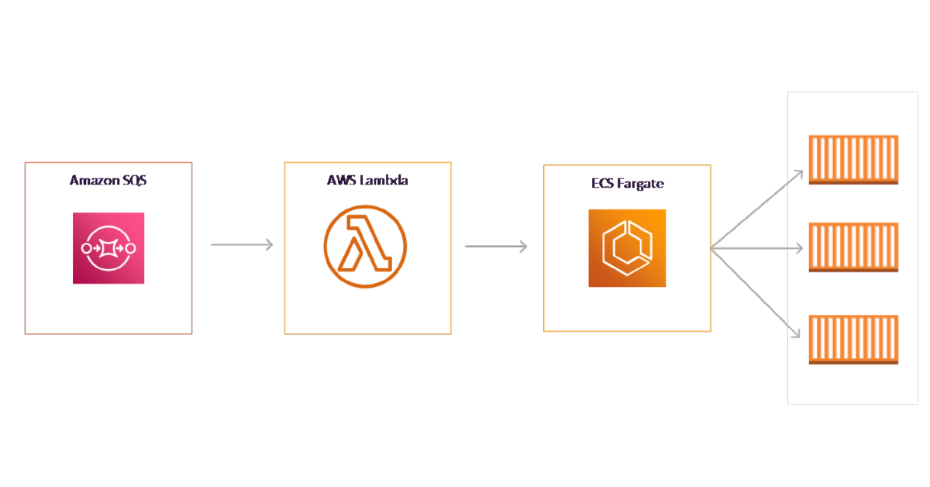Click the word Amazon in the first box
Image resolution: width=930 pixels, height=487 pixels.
[x=94, y=181]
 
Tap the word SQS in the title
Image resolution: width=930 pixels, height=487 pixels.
[x=133, y=181]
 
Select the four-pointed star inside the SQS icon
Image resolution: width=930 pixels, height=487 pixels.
[x=108, y=248]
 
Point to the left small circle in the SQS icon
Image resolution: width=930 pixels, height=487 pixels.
[x=86, y=248]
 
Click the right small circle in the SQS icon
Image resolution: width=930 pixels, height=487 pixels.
[x=130, y=248]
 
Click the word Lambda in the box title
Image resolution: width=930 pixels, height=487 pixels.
[x=383, y=180]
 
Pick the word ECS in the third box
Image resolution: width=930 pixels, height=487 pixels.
[x=602, y=184]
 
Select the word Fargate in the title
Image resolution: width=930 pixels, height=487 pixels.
[x=642, y=185]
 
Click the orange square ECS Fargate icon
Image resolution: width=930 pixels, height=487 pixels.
[x=627, y=248]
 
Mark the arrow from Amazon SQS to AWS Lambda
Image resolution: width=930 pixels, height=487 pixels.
[x=242, y=245]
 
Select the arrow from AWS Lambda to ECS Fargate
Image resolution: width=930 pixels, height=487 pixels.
[x=496, y=247]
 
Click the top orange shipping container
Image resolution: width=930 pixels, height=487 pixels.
[x=853, y=160]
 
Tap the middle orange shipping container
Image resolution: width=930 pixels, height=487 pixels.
[x=853, y=247]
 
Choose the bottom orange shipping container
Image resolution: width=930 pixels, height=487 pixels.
[x=853, y=339]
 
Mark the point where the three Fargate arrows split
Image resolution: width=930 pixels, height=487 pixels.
[x=713, y=248]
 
